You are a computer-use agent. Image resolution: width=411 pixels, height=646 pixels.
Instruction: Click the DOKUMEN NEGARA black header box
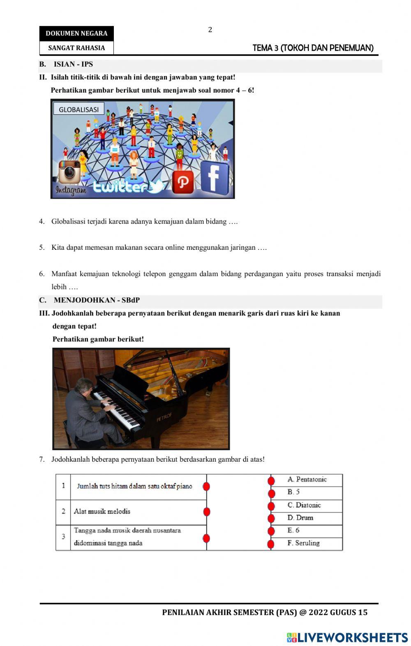pyautogui.click(x=76, y=34)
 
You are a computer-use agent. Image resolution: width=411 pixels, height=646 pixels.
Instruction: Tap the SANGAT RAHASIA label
pyautogui.click(x=76, y=48)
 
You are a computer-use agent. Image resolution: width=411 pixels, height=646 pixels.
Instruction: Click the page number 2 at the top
pyautogui.click(x=210, y=30)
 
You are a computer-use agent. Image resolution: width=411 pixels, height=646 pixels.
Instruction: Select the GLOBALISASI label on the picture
pyautogui.click(x=79, y=109)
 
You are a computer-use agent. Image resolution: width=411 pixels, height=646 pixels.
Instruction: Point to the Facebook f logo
pyautogui.click(x=214, y=178)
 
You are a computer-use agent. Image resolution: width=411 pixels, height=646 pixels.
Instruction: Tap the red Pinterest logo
pyautogui.click(x=182, y=182)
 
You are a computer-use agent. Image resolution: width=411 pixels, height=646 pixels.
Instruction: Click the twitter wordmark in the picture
pyautogui.click(x=123, y=187)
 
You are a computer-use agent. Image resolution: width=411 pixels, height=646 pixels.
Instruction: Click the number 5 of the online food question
pyautogui.click(x=42, y=248)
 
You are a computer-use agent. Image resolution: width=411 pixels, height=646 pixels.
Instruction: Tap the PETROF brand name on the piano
pyautogui.click(x=164, y=418)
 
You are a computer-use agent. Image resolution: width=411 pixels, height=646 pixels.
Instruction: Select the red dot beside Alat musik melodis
pyautogui.click(x=207, y=511)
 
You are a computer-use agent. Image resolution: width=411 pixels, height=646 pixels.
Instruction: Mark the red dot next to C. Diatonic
pyautogui.click(x=271, y=506)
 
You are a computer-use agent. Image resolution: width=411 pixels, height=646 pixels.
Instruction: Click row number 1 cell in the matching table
pyautogui.click(x=63, y=486)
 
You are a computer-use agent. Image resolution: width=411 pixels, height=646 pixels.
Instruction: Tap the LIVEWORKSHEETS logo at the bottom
pyautogui.click(x=347, y=637)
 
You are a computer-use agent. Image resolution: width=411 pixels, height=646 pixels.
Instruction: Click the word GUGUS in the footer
pyautogui.click(x=344, y=612)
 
